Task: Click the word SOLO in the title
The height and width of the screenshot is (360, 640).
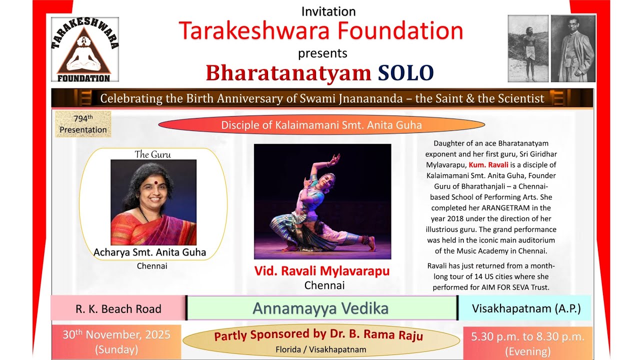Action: (x=405, y=73)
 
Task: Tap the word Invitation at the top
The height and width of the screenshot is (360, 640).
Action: (x=328, y=11)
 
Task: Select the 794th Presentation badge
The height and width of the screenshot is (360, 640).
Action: (x=83, y=124)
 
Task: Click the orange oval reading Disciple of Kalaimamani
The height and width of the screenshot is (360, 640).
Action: (x=321, y=125)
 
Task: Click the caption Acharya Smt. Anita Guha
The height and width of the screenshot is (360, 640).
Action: (x=149, y=252)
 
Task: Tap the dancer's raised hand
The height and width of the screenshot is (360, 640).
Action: (x=334, y=159)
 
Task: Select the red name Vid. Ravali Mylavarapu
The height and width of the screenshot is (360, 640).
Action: (x=322, y=271)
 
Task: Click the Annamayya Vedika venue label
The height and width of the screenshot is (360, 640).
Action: (x=320, y=308)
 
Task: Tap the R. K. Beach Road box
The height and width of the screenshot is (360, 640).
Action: (x=118, y=308)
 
